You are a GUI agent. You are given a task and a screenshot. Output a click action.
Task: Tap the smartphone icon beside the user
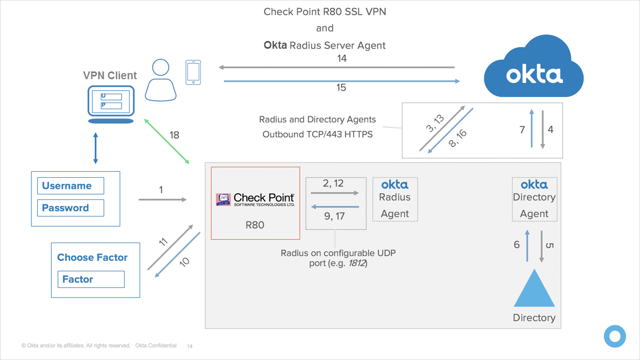tap(193, 72)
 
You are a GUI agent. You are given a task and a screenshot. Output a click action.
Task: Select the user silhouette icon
tap(161, 80)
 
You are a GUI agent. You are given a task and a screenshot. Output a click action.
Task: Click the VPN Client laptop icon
tap(111, 104)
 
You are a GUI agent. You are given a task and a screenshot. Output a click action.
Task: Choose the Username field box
tap(70, 186)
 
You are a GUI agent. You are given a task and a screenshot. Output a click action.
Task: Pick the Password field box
tap(70, 208)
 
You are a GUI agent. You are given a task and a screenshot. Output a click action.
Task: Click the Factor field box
tap(91, 279)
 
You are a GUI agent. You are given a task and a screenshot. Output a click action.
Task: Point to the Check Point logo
tap(255, 199)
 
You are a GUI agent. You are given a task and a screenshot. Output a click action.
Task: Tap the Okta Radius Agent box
tap(395, 199)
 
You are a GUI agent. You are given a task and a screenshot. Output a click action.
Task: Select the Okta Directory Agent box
tap(534, 199)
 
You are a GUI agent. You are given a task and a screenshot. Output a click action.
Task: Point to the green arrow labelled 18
tap(167, 141)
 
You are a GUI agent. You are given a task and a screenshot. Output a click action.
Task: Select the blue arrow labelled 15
tap(342, 81)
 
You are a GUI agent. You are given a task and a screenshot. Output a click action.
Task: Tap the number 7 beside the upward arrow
tap(522, 130)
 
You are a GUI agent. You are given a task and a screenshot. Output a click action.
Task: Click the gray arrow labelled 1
tap(162, 199)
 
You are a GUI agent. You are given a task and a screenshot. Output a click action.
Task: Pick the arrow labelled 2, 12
tap(334, 193)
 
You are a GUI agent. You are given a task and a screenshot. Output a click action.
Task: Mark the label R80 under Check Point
tap(255, 225)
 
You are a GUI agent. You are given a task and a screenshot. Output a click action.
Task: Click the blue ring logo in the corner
tap(615, 336)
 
